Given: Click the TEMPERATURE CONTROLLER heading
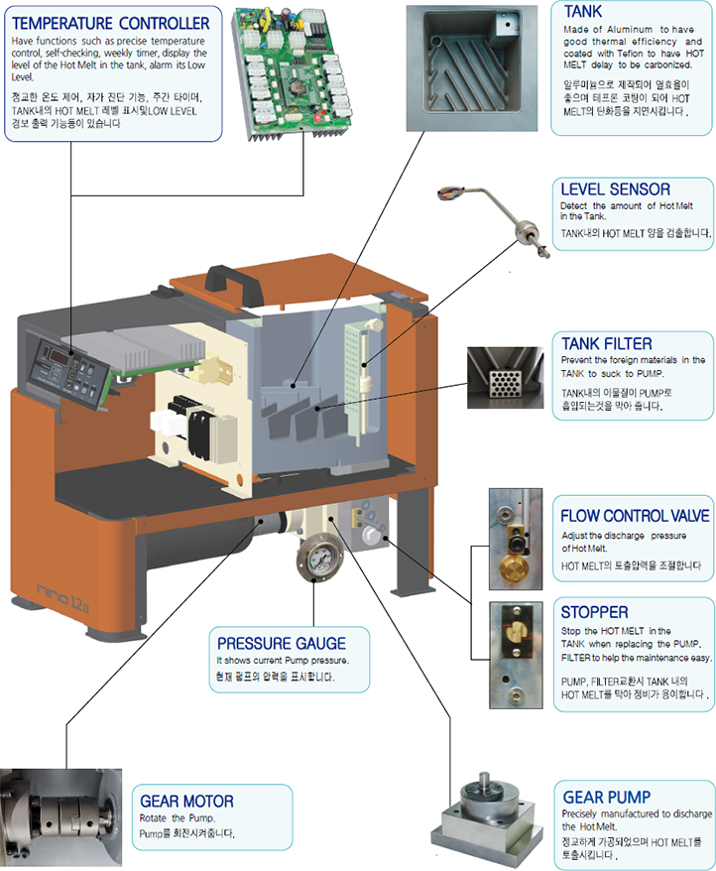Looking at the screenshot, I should [x=111, y=23].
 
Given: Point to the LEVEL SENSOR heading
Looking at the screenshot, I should [x=615, y=188].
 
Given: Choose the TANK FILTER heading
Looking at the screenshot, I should [x=607, y=344].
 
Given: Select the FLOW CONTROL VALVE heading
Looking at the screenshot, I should [x=635, y=516].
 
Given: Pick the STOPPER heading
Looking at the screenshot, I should [x=594, y=612].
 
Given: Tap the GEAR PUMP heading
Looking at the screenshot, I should [x=607, y=797].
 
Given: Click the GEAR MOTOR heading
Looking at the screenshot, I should [x=187, y=801].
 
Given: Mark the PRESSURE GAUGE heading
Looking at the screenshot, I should [x=282, y=644].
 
